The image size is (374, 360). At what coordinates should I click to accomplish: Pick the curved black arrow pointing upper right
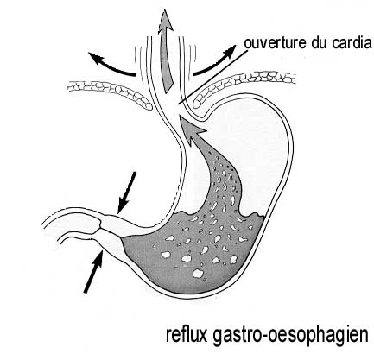click(215, 63)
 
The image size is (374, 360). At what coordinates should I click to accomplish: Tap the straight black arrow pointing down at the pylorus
click(127, 192)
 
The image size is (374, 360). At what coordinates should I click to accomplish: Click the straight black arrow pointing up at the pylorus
click(93, 272)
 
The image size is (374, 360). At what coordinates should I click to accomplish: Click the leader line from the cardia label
click(212, 77)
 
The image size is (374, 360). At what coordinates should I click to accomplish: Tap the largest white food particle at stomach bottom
click(198, 273)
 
